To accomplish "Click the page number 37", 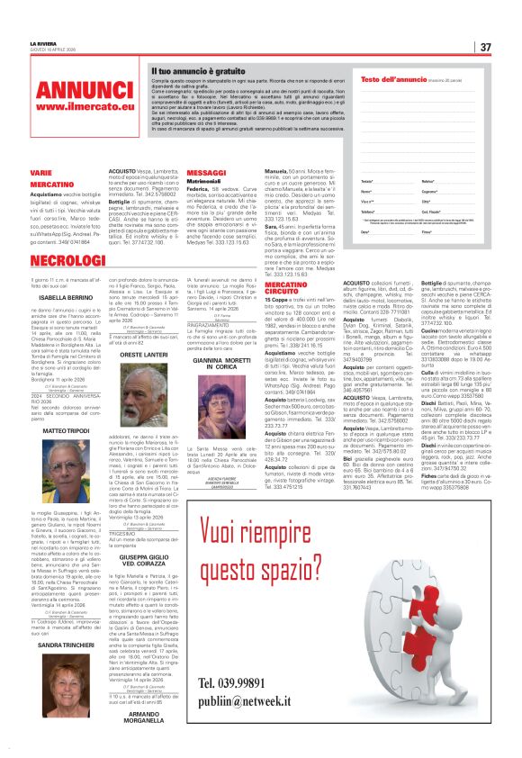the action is (x=484, y=47).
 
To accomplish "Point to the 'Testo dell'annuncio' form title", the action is (x=394, y=80).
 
